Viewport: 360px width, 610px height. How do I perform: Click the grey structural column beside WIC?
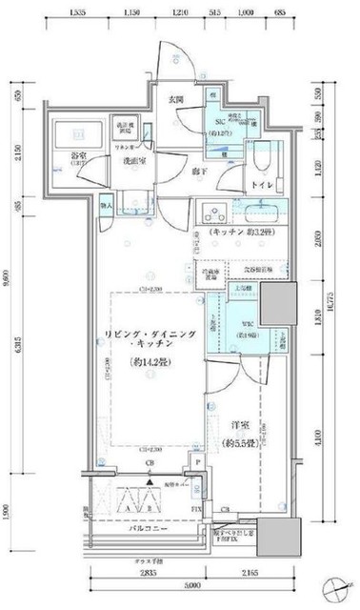(x=278, y=309)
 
